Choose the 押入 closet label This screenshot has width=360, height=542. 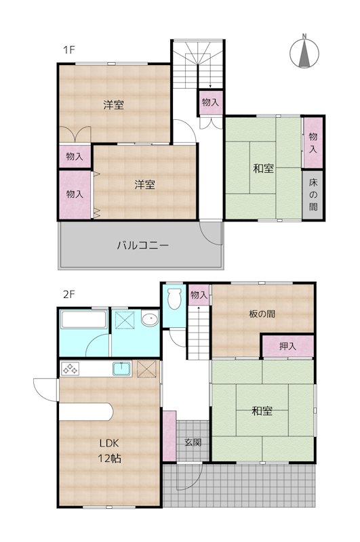point(287,346)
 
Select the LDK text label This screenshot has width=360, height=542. point(110,444)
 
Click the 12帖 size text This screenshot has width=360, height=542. point(110,459)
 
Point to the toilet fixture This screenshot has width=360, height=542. point(174,296)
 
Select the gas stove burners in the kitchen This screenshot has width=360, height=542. point(71,369)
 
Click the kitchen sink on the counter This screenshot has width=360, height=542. point(122,369)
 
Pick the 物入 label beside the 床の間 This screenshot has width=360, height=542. point(313,142)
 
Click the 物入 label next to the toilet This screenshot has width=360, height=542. point(199,295)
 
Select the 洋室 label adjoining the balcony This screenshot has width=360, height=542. point(144,184)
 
